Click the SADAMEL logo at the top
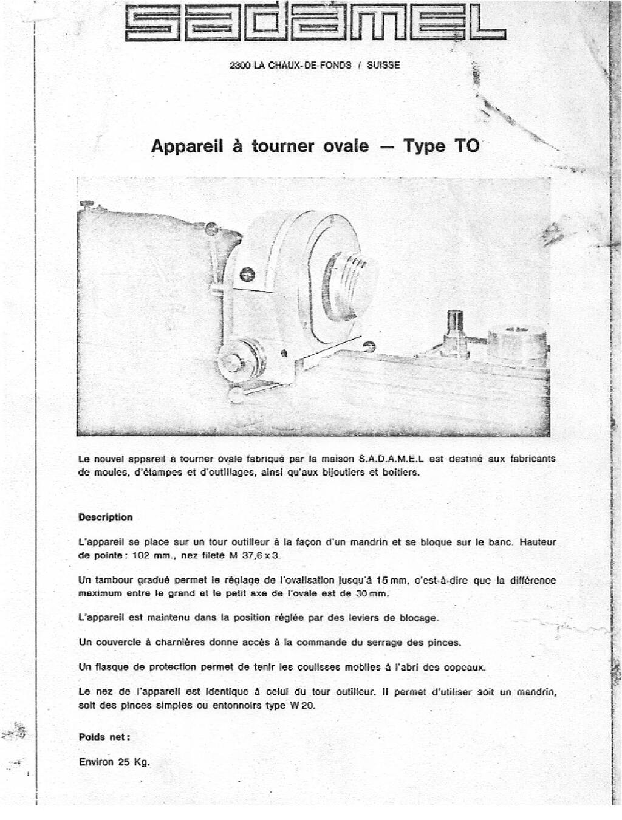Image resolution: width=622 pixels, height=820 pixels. tap(315, 25)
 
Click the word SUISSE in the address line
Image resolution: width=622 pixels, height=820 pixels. tap(384, 66)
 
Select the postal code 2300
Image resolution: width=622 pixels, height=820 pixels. tap(240, 66)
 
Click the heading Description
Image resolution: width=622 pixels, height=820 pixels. tap(105, 518)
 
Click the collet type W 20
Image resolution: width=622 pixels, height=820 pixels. tap(302, 706)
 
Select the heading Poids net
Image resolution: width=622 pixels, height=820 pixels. tap(104, 737)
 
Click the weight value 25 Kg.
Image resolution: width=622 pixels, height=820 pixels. tap(134, 762)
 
